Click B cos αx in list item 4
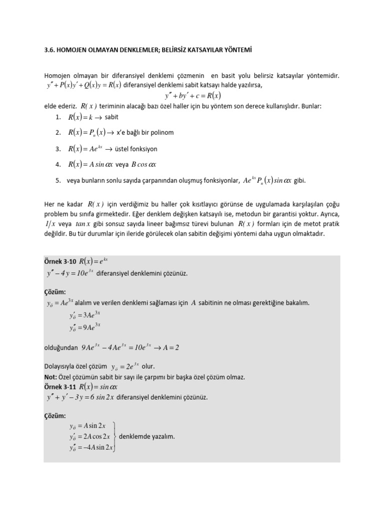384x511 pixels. (x=146, y=165)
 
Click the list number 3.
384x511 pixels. (x=58, y=149)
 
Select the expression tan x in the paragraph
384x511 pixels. (x=84, y=224)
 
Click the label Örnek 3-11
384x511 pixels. (x=60, y=386)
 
